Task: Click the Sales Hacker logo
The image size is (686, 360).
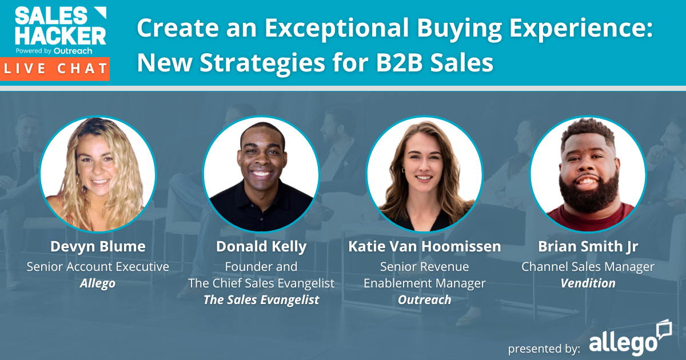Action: click(x=60, y=29)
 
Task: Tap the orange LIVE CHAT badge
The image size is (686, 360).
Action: click(x=55, y=69)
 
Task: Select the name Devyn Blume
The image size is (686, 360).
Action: click(x=98, y=247)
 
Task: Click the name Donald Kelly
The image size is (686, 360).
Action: click(x=261, y=247)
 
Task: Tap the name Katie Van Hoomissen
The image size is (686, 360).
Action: click(x=425, y=247)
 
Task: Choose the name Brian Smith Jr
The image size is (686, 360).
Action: click(x=588, y=247)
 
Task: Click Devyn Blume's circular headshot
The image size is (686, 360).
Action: click(x=98, y=174)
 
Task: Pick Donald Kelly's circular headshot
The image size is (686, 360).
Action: click(x=261, y=174)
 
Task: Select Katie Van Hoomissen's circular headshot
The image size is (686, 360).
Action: click(x=425, y=174)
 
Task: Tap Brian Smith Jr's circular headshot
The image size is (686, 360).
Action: click(x=588, y=174)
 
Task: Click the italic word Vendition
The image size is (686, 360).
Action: click(x=588, y=283)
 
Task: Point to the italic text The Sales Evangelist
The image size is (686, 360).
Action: click(x=261, y=300)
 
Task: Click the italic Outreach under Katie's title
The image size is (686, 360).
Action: click(x=425, y=300)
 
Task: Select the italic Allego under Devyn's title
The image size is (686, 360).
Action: click(x=98, y=283)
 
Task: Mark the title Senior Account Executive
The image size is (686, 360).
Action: click(x=98, y=266)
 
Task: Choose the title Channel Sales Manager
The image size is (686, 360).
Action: click(x=588, y=266)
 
